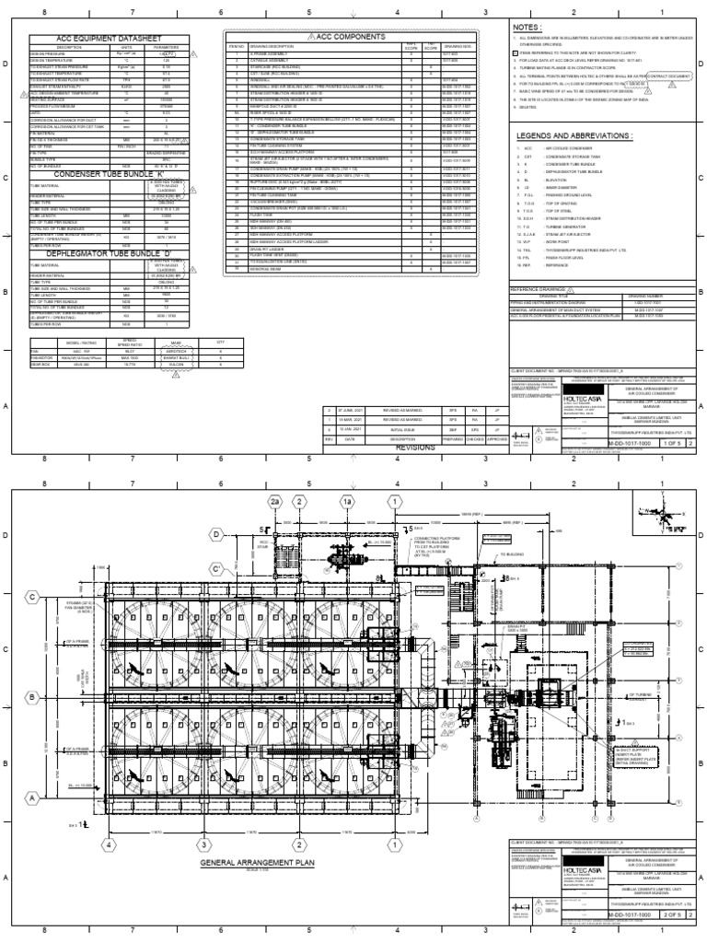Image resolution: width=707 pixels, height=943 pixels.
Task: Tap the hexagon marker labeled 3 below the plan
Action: click(x=201, y=844)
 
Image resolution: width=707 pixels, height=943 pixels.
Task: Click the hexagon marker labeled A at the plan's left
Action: click(x=33, y=771)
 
